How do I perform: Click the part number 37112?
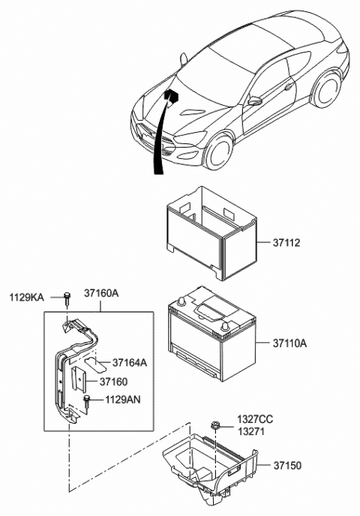[279, 244]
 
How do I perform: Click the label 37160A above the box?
[101, 294]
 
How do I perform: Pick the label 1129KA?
[25, 298]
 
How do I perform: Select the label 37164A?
[130, 363]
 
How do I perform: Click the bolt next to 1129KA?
[67, 297]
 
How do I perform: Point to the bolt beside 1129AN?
[87, 400]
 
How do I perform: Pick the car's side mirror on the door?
[255, 101]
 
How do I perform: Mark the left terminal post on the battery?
[181, 303]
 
